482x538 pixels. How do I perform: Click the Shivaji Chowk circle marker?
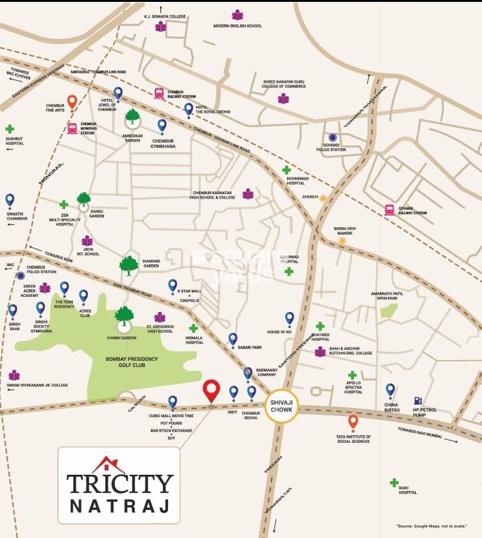(x=282, y=404)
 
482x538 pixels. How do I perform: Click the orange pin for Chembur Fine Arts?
(x=72, y=101)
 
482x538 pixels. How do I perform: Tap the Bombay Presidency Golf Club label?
(x=132, y=362)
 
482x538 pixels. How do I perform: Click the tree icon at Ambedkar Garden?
(x=132, y=117)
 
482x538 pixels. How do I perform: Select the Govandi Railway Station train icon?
(x=389, y=209)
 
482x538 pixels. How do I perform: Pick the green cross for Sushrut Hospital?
(x=10, y=129)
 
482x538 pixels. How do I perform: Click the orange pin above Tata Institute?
(x=353, y=422)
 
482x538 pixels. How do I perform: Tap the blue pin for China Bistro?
(x=390, y=390)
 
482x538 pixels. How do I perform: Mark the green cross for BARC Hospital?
(x=394, y=483)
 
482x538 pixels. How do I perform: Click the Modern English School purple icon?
(x=237, y=15)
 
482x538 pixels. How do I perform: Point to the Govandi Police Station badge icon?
(x=332, y=137)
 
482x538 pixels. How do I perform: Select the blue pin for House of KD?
(x=289, y=318)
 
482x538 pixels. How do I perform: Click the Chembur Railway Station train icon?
(x=159, y=93)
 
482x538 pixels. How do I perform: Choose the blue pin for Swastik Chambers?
(x=10, y=200)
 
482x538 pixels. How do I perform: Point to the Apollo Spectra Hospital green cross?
(x=352, y=375)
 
